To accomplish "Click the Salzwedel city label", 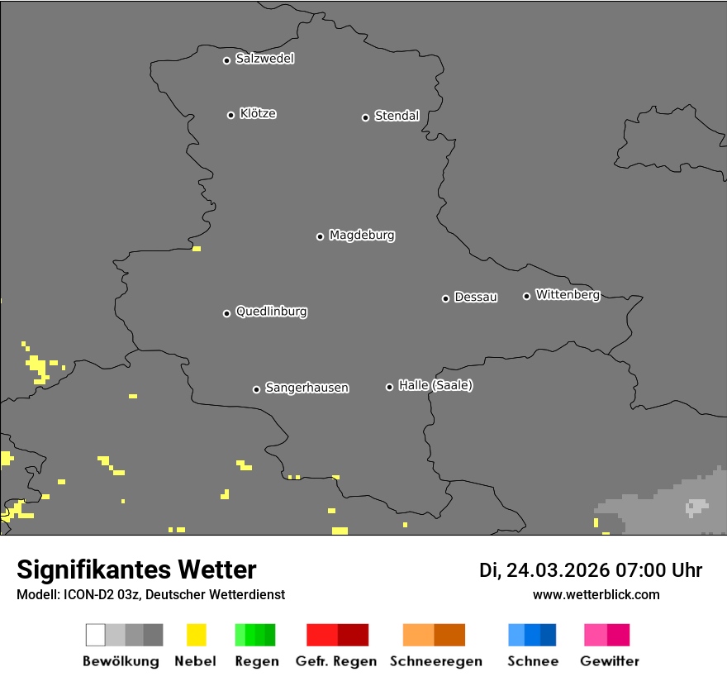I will coord(264,59).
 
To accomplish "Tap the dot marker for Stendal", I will coord(365,117).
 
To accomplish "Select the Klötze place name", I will coord(258,113).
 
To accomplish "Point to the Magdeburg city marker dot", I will coord(320,236).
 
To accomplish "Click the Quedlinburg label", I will coord(271,312).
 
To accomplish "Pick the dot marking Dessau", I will coord(445,298).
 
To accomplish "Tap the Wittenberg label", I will coord(568,294).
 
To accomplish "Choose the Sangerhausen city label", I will coord(306,388).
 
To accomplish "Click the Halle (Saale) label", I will coord(435,385).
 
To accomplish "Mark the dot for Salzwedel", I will coord(226,60).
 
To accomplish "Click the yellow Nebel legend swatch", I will coord(196,635).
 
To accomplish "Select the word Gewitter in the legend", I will coord(610,661).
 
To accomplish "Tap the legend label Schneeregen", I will coord(435,661).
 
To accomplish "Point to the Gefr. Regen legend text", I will coord(336,661).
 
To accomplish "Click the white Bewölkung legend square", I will coord(96,635).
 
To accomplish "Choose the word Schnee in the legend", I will coord(533,661).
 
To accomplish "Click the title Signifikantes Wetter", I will coord(136,569).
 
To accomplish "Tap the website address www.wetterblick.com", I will coord(596,594).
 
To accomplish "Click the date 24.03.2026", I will coord(558,570).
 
